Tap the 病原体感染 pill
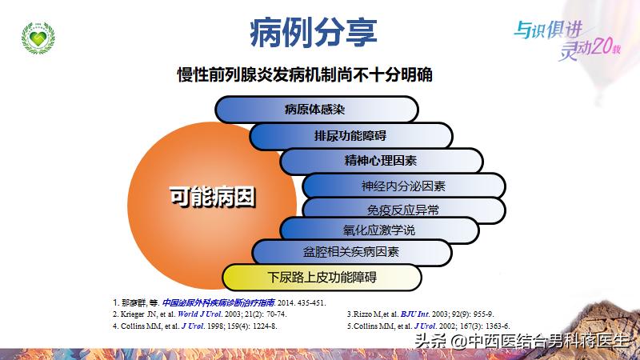point(318,110)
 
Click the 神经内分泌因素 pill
point(403,186)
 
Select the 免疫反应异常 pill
point(403,210)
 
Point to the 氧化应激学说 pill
point(379,230)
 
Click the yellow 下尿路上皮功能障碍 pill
point(322,278)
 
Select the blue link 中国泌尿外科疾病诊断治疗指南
point(218,303)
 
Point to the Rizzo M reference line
point(419,314)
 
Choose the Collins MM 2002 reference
point(428,326)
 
